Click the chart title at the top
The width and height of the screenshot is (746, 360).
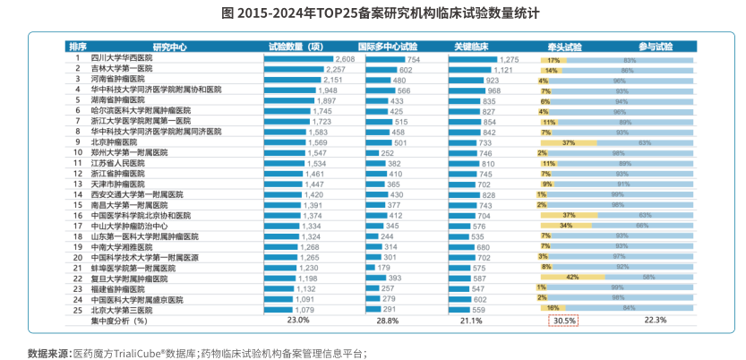pyautogui.click(x=373, y=14)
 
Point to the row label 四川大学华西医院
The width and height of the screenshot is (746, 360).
pyautogui.click(x=122, y=57)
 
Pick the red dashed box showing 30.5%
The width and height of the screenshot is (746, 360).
pyautogui.click(x=564, y=320)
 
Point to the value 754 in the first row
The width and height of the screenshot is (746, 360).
pyautogui.click(x=414, y=58)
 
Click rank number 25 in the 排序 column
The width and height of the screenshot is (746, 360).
pyautogui.click(x=78, y=309)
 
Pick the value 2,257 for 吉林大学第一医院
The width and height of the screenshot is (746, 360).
pyautogui.click(x=335, y=69)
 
